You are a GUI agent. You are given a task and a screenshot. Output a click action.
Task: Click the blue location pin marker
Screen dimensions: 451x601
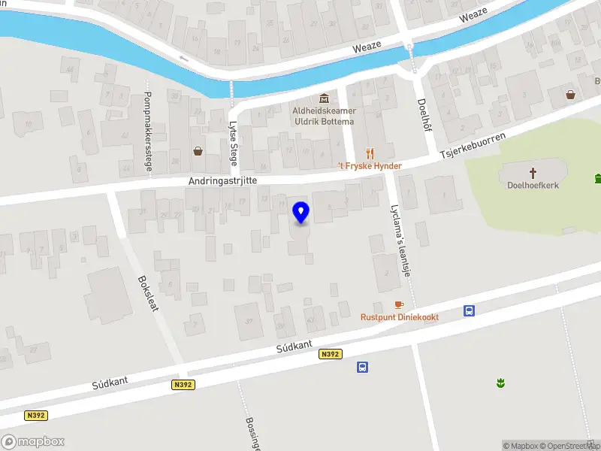(301, 212)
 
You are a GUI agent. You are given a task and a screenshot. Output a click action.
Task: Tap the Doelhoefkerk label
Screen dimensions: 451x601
(533, 185)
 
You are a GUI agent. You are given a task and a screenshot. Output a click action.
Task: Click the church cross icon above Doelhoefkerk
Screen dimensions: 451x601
(533, 171)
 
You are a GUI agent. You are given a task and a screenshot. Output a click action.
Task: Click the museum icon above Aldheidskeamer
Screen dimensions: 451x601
(324, 98)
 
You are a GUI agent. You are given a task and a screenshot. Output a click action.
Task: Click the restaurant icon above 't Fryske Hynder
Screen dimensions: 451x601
(370, 153)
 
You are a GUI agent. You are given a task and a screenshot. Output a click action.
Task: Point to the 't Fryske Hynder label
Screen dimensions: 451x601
(370, 166)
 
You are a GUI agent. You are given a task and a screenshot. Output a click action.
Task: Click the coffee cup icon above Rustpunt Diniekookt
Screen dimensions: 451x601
(399, 304)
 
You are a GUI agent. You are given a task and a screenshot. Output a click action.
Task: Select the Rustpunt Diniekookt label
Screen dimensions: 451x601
(400, 317)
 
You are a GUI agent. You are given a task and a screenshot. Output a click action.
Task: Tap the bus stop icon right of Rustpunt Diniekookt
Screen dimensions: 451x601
(470, 310)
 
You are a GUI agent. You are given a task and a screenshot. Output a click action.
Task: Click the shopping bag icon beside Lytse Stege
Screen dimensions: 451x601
(198, 150)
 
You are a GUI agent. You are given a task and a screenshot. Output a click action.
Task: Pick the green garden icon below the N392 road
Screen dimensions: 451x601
(500, 384)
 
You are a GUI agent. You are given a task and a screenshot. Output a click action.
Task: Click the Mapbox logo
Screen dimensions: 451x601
(33, 442)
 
